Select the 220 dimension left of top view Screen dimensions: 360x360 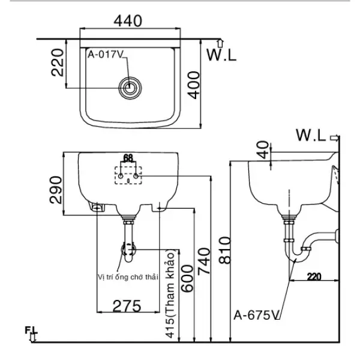coord(58,62)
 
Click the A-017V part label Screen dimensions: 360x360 coord(106,55)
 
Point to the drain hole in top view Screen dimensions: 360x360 coord(129,88)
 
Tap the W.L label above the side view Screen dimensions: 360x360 coord(311,136)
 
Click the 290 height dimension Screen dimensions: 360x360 coord(56,190)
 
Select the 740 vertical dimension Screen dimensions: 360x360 coord(204,259)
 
